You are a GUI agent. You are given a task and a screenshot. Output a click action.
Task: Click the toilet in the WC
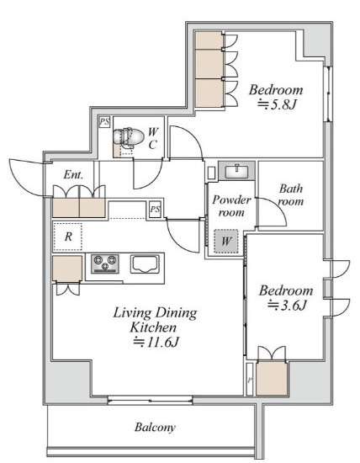tap(129, 137)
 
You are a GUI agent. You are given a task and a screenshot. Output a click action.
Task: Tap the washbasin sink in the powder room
tap(236, 171)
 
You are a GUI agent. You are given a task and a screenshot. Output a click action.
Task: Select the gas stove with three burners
tap(105, 263)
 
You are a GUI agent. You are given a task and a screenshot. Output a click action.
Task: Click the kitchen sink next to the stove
tap(145, 264)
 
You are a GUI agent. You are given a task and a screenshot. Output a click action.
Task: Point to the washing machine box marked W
tap(226, 241)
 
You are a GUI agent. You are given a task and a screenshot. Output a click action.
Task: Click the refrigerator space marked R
tap(67, 237)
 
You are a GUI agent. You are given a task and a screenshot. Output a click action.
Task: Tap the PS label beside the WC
tap(104, 122)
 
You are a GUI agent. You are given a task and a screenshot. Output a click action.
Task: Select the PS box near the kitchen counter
tap(155, 210)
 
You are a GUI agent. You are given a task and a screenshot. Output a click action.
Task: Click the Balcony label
tap(155, 427)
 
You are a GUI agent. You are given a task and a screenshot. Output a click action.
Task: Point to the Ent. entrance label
tap(73, 174)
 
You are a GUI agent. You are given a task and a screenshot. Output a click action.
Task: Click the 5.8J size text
tap(276, 104)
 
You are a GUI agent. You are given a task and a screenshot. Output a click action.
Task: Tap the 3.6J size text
tap(286, 305)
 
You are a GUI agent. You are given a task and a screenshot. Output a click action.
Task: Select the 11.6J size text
tap(156, 342)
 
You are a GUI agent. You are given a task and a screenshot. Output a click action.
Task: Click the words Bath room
tap(291, 194)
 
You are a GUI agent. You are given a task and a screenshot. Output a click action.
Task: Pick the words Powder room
tap(231, 205)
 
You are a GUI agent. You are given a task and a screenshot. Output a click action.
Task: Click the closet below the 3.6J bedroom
tap(272, 379)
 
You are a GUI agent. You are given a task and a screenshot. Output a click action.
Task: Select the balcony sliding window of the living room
tap(150, 400)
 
